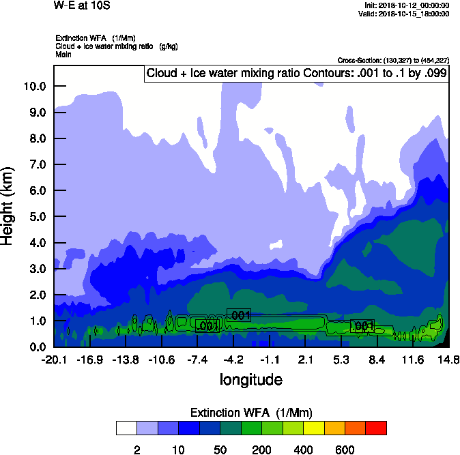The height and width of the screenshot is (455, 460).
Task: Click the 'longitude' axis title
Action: pos(250,379)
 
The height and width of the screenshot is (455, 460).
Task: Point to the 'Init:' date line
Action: pos(407,5)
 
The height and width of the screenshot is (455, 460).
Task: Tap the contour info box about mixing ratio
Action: pos(297,73)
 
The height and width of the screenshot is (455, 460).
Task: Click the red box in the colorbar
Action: pos(376,428)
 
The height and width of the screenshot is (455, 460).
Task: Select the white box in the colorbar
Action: pos(126,428)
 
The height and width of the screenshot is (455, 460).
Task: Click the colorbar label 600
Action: pos(345,450)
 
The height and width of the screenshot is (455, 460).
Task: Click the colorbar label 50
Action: pos(220,450)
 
